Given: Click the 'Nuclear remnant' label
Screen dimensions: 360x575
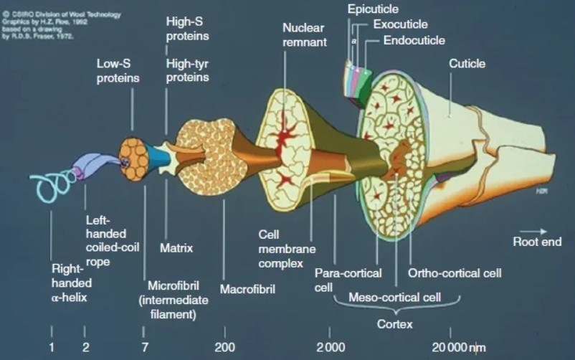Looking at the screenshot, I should [304, 34].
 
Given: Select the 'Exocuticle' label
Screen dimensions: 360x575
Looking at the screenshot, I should [399, 24].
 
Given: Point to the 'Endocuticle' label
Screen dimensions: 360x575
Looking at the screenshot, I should [414, 40].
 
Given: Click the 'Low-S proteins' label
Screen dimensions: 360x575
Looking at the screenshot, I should [118, 70].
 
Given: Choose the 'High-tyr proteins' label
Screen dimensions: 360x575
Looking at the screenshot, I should [187, 70].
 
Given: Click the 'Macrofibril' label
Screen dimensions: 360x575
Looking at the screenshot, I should [245, 290].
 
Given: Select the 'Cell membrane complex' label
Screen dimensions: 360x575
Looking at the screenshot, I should [287, 248].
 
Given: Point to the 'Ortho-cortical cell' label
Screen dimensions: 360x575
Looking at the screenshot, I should [454, 273].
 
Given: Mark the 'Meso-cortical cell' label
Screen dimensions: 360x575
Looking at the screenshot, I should [394, 296].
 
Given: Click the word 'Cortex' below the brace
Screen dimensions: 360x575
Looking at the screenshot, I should [394, 324].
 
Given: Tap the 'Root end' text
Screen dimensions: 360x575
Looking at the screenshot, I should [537, 242].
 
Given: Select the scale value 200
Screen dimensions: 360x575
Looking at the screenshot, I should [224, 348].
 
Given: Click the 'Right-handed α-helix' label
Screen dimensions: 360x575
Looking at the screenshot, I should [69, 283].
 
